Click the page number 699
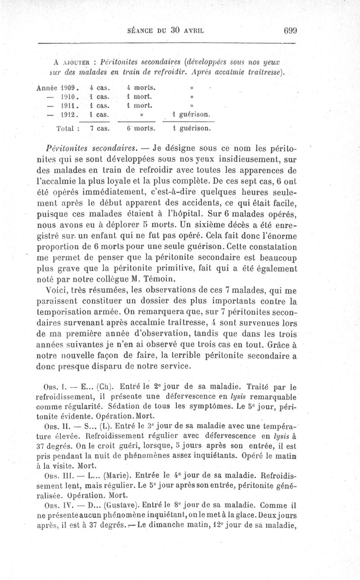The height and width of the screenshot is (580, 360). click(292, 31)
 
